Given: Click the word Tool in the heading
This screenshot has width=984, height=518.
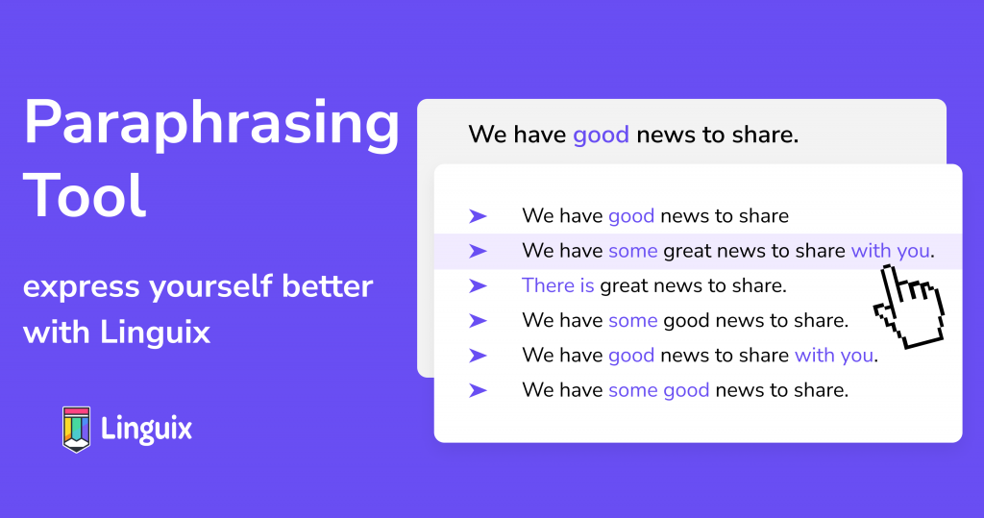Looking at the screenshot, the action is [x=85, y=196].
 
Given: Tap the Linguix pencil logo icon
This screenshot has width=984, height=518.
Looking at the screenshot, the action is [x=77, y=430].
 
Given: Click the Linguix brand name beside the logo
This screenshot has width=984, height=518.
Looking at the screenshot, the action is [x=146, y=429].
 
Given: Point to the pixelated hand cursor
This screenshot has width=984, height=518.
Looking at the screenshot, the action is [x=909, y=307].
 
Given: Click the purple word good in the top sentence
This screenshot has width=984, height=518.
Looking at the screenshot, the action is [x=601, y=135].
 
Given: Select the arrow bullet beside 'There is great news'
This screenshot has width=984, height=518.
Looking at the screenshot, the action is [x=479, y=285].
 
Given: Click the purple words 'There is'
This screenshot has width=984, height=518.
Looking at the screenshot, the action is [x=558, y=285].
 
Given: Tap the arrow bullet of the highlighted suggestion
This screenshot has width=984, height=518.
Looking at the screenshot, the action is [x=479, y=251].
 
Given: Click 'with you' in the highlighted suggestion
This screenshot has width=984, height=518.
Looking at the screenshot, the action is [x=890, y=251].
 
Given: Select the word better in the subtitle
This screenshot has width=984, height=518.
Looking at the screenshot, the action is [x=328, y=286].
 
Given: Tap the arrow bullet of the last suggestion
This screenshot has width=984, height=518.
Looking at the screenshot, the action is [x=479, y=390].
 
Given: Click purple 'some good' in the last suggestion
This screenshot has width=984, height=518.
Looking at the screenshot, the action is [x=659, y=390].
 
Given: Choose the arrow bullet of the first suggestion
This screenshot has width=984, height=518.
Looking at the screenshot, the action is [x=479, y=216].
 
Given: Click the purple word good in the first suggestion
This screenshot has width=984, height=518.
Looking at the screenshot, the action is [x=631, y=216].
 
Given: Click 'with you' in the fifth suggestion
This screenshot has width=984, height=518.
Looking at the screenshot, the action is [x=834, y=356].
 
